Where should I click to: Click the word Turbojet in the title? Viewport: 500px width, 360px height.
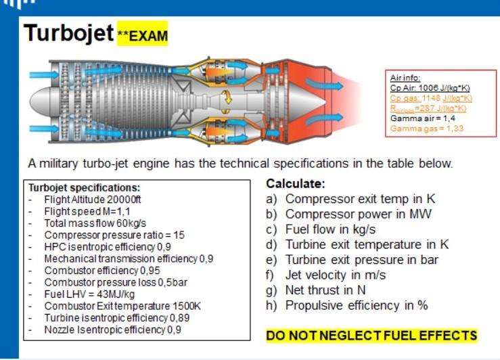pyautogui.click(x=68, y=34)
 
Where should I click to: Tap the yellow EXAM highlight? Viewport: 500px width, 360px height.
pyautogui.click(x=142, y=35)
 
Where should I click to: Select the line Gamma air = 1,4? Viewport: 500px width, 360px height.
pyautogui.click(x=423, y=118)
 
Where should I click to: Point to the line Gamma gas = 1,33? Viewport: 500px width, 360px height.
pyautogui.click(x=425, y=128)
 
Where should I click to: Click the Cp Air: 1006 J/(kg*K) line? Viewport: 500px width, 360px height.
pyautogui.click(x=430, y=87)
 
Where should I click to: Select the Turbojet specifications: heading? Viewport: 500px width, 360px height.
pyautogui.click(x=84, y=187)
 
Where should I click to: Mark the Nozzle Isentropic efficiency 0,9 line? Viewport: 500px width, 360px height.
pyautogui.click(x=113, y=330)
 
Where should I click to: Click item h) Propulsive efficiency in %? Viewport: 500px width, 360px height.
pyautogui.click(x=347, y=305)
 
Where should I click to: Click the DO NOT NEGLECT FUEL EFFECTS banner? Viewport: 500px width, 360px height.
pyautogui.click(x=371, y=336)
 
